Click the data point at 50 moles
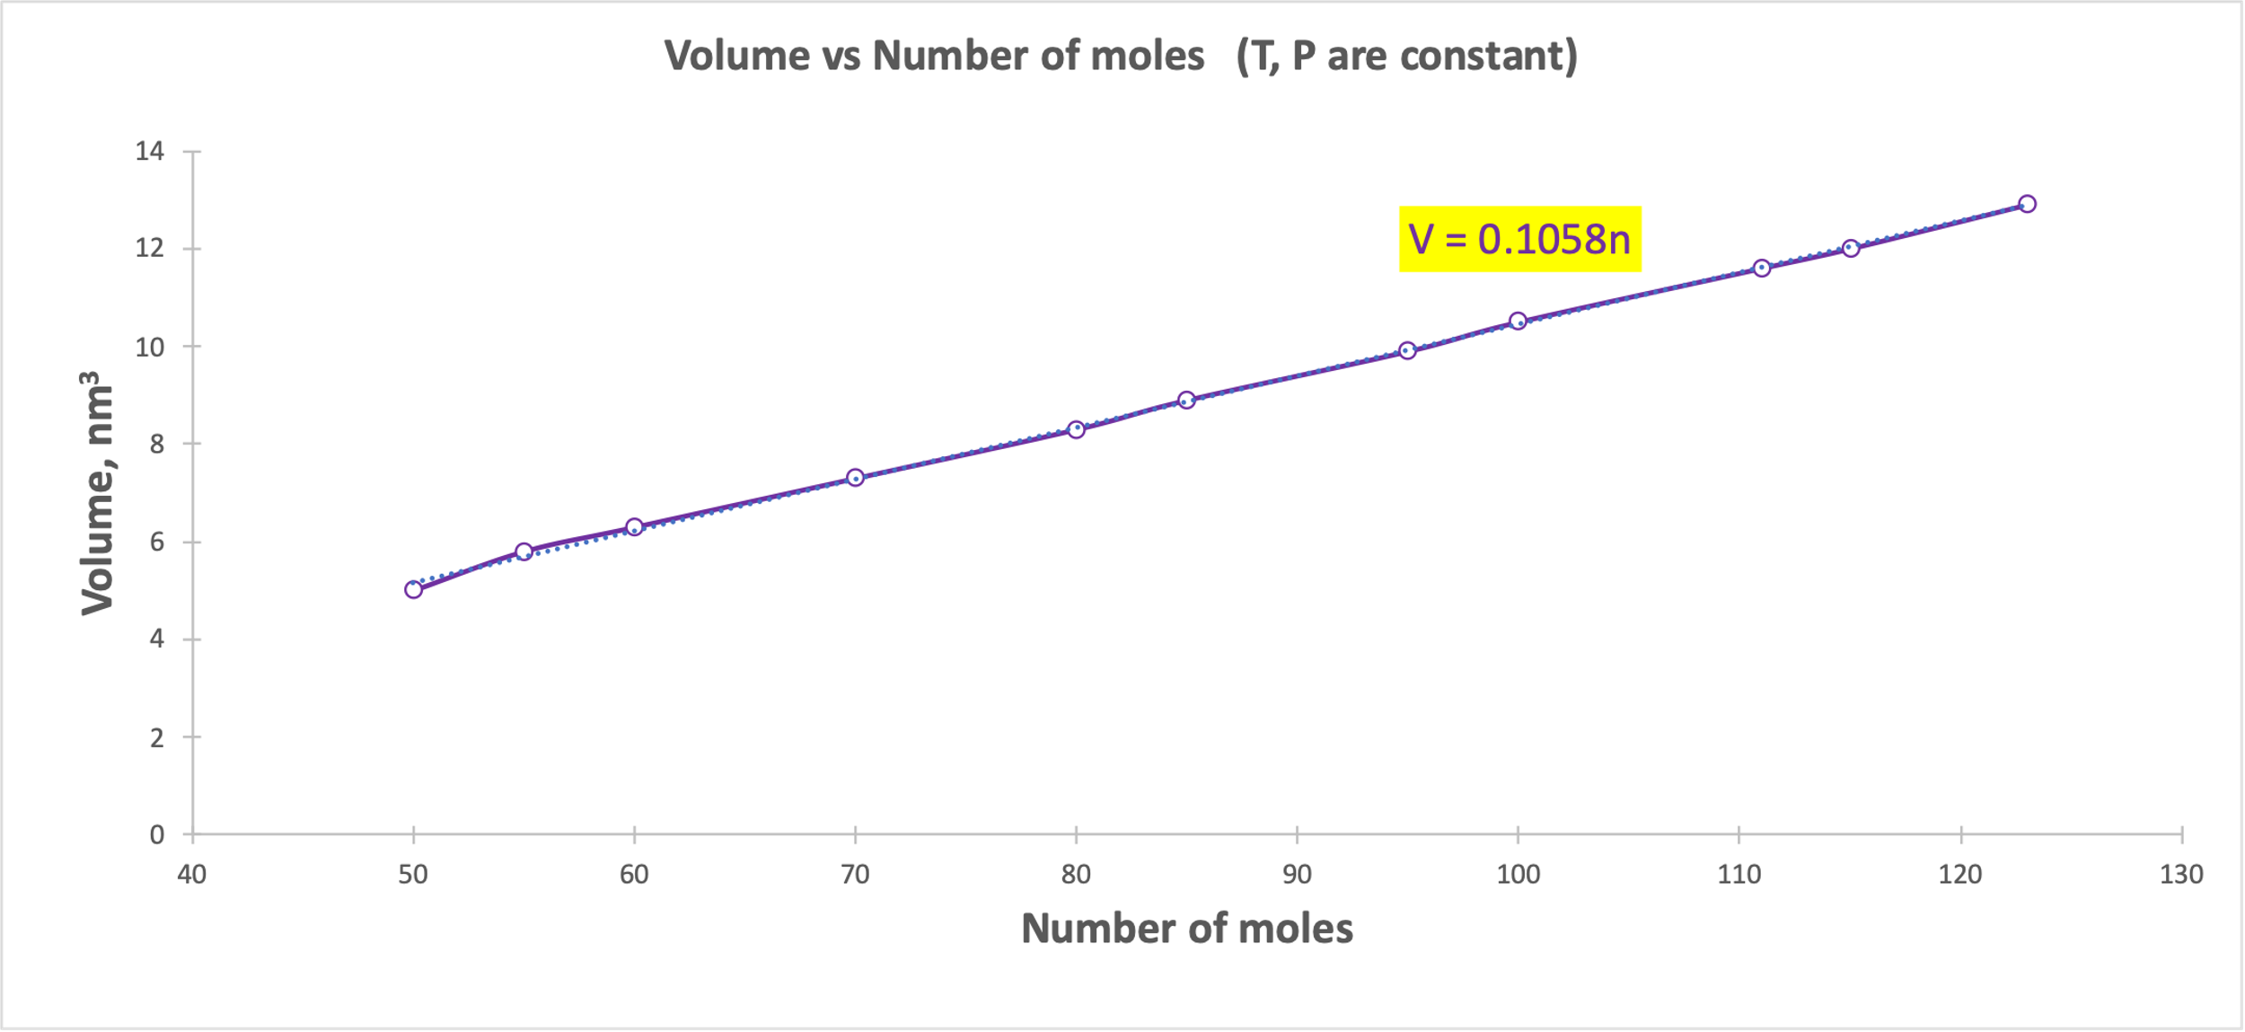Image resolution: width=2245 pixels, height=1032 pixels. click(x=413, y=589)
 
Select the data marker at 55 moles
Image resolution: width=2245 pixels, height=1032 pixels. click(x=524, y=551)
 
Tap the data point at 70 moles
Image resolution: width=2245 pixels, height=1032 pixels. click(x=855, y=478)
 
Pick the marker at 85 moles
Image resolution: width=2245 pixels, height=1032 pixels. click(x=1186, y=400)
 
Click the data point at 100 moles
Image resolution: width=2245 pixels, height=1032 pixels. click(x=1518, y=321)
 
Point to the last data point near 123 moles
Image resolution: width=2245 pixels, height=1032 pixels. click(x=2027, y=204)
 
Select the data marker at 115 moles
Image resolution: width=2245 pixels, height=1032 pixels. click(x=1851, y=248)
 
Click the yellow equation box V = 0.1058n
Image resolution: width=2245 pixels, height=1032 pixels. click(x=1519, y=239)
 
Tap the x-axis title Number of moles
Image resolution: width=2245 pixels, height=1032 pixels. click(x=1186, y=929)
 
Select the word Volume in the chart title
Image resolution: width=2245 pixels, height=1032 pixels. click(x=736, y=56)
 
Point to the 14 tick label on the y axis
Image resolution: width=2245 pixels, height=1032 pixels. click(x=150, y=151)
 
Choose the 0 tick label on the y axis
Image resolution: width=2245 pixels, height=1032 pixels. click(x=157, y=835)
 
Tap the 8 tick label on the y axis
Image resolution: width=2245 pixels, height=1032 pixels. click(x=157, y=444)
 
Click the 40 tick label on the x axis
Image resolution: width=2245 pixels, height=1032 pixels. click(x=192, y=874)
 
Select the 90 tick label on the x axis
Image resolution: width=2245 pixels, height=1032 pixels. click(x=1297, y=874)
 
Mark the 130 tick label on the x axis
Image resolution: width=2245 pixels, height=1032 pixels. click(x=2181, y=874)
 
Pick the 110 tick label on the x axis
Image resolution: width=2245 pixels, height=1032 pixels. click(x=1739, y=874)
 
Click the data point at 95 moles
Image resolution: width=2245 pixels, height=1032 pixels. click(x=1407, y=350)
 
